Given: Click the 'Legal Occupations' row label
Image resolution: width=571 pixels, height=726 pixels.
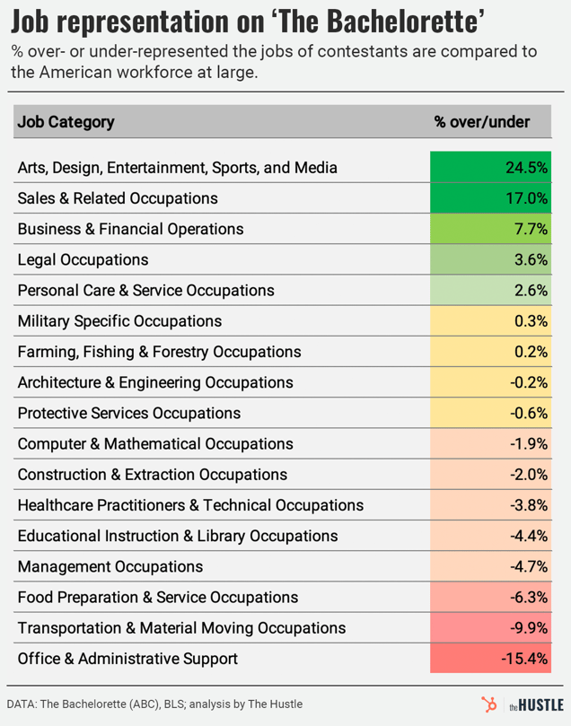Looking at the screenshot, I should point(83,259).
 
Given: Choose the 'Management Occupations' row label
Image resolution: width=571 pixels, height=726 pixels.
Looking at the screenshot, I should point(110,566).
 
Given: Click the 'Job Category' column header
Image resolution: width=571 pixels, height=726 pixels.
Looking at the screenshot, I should point(66,122).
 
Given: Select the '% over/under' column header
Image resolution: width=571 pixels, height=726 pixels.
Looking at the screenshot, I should point(481,122).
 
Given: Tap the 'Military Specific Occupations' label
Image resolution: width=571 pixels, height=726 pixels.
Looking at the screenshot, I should point(119,320).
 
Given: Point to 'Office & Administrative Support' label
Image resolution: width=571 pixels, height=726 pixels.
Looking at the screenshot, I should point(127,659).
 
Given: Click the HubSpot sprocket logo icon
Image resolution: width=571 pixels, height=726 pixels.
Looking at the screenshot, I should point(490,704).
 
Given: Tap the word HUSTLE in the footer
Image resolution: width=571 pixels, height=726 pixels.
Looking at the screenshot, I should point(539,704).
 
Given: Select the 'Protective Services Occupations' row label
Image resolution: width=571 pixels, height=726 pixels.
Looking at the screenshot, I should point(129,413).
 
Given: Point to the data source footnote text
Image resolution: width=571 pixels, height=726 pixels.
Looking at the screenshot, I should point(154,704).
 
